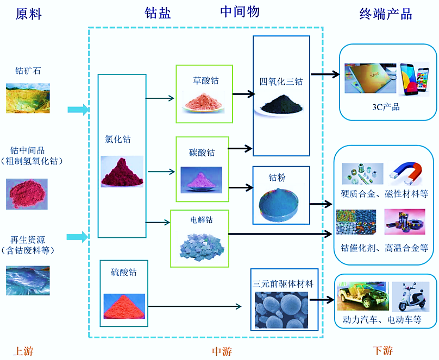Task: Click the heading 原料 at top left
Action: (x=28, y=15)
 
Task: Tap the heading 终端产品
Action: (x=385, y=14)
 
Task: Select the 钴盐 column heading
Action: (x=158, y=14)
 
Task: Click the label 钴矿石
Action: (x=28, y=71)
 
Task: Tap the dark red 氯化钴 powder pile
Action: (x=122, y=172)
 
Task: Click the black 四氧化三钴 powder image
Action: (x=281, y=104)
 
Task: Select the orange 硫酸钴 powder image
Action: (x=123, y=305)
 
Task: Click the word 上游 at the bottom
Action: (x=23, y=351)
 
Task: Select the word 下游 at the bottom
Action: (x=383, y=350)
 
